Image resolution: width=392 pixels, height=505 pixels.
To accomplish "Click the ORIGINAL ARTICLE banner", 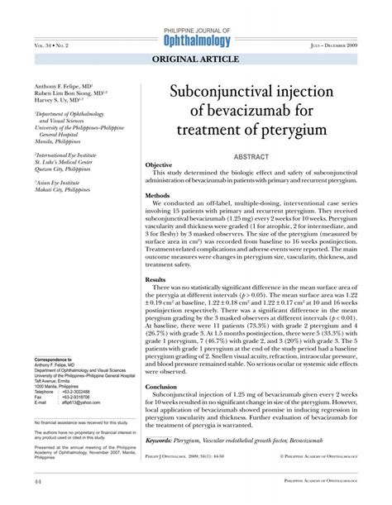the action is [x=196, y=60].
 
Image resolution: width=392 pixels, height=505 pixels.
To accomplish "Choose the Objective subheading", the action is [x=159, y=165].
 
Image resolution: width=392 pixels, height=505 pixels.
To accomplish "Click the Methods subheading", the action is [x=157, y=196].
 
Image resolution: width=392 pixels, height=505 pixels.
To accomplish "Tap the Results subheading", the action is [x=155, y=280].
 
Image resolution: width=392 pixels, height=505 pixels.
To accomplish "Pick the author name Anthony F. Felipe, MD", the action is [x=62, y=86].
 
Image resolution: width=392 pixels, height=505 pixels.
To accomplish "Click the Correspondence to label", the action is [x=54, y=361].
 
